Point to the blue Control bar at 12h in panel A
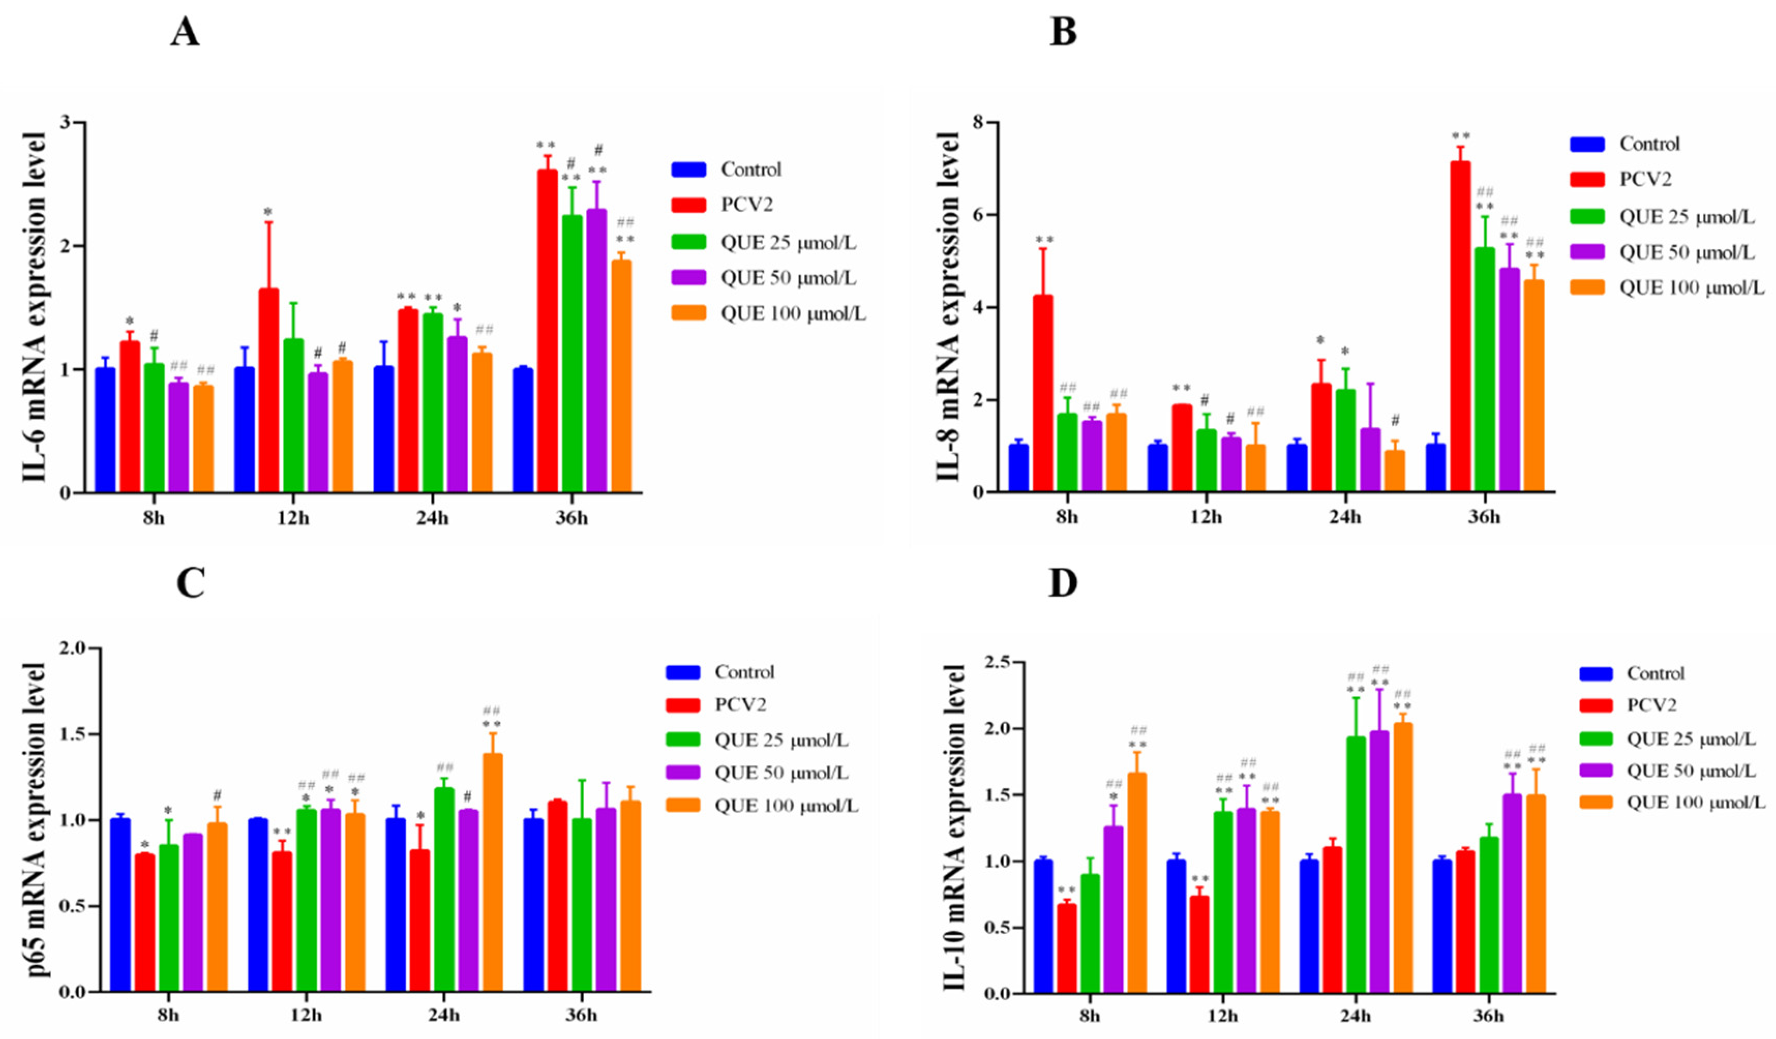[245, 430]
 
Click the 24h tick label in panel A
[432, 519]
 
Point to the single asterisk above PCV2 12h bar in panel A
[268, 212]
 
